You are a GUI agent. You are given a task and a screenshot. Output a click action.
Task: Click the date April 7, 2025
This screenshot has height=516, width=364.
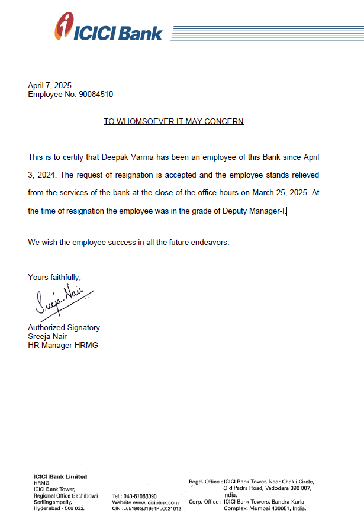click(x=50, y=85)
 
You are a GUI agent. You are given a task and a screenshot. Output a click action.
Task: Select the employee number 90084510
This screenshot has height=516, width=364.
click(x=96, y=94)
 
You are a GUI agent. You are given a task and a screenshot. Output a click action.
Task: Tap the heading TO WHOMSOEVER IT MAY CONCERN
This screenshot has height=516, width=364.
click(x=173, y=121)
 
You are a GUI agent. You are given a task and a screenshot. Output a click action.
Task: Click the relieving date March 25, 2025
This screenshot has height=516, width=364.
click(x=266, y=193)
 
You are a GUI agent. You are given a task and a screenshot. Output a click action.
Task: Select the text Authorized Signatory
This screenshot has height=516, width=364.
click(x=64, y=327)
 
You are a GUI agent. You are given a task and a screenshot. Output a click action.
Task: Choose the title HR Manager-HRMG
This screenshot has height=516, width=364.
click(x=63, y=345)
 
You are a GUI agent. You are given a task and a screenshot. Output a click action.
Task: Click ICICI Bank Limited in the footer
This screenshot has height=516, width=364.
click(x=60, y=476)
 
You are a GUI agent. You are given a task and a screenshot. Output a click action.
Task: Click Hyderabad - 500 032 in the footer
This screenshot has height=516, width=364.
click(x=60, y=508)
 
